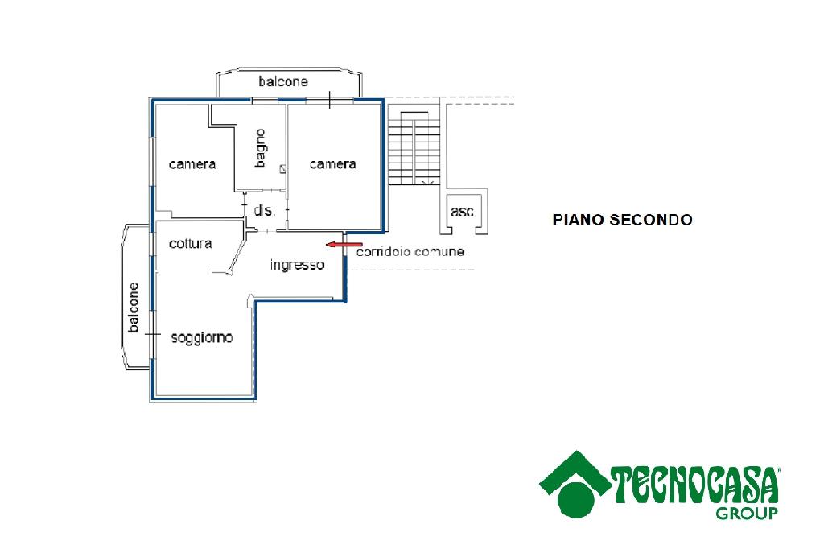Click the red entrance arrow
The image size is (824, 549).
[344, 245]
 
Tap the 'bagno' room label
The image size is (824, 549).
[260, 148]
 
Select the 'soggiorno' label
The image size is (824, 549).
[202, 337]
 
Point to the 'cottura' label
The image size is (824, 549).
[190, 243]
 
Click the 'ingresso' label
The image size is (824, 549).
[298, 265]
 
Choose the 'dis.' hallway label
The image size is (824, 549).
[264, 211]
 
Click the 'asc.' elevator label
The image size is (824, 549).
[463, 212]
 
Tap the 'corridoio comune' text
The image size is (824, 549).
[410, 251]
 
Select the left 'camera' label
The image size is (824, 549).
[192, 164]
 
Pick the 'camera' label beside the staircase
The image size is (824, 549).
[332, 164]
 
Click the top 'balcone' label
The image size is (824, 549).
[283, 81]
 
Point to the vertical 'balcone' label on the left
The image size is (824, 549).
[134, 308]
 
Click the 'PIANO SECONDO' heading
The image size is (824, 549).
[622, 219]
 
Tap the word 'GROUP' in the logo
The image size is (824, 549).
[746, 514]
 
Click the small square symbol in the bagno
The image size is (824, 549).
[283, 169]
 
